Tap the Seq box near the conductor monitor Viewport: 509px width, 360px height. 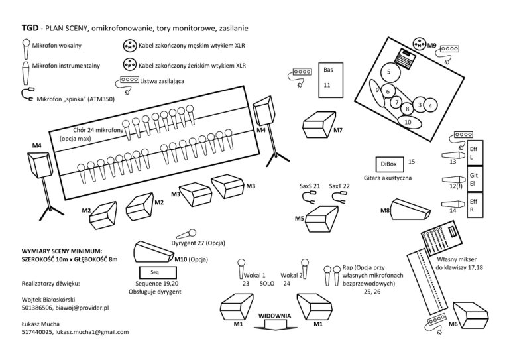154,272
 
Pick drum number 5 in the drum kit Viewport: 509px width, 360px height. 389,72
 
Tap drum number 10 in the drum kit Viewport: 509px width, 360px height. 408,122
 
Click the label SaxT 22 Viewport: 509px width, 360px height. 339,186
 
